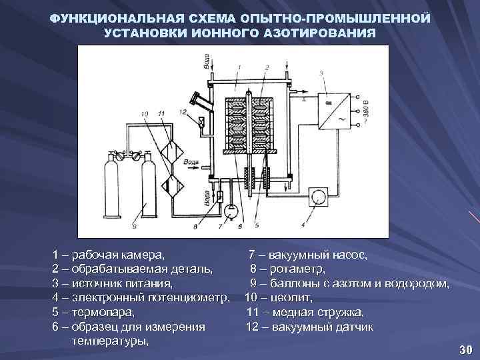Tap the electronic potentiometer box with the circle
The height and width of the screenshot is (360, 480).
coord(319,195)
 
